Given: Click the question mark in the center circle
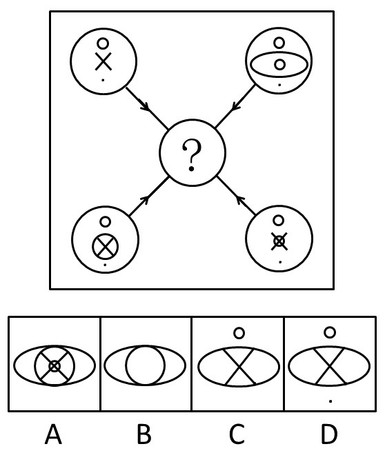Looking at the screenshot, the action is [192, 155].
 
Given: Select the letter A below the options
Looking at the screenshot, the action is [54, 434].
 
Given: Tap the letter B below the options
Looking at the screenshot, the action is [144, 434].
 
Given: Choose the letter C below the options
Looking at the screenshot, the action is [237, 434].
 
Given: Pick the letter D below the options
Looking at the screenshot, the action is [329, 434].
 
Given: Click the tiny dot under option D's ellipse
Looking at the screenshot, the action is [330, 401].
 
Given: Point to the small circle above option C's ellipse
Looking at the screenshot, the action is [239, 333].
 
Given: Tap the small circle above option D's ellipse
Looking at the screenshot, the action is [330, 332].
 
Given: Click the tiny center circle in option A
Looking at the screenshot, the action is [55, 366].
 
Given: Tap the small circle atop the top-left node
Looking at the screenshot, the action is [103, 43].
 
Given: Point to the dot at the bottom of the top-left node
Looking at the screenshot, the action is [103, 80].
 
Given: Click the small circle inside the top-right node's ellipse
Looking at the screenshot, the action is [279, 65].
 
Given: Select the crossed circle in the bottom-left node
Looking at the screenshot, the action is [105, 246].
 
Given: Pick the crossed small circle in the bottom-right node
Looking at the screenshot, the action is [279, 241].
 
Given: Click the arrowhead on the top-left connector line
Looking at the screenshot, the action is [145, 105].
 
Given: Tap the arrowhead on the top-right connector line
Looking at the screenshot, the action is [237, 106].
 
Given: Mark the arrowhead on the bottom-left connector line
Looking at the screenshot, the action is [146, 199].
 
